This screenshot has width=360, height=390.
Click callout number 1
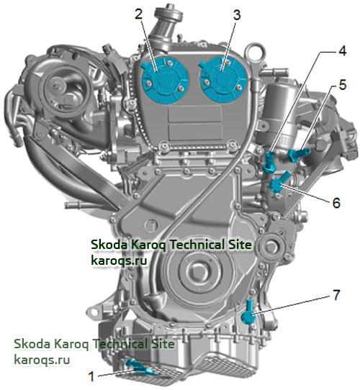click(x=91, y=376)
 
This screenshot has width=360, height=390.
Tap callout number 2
click(x=138, y=14)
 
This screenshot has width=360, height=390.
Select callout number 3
click(x=237, y=15)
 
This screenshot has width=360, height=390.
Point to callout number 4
click(x=343, y=51)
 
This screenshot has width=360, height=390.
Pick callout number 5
click(x=343, y=85)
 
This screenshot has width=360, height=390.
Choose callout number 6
click(x=336, y=203)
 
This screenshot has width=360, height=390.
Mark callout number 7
click(x=336, y=295)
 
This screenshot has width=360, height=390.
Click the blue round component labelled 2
click(x=165, y=80)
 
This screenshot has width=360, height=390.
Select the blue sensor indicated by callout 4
click(x=269, y=163)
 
